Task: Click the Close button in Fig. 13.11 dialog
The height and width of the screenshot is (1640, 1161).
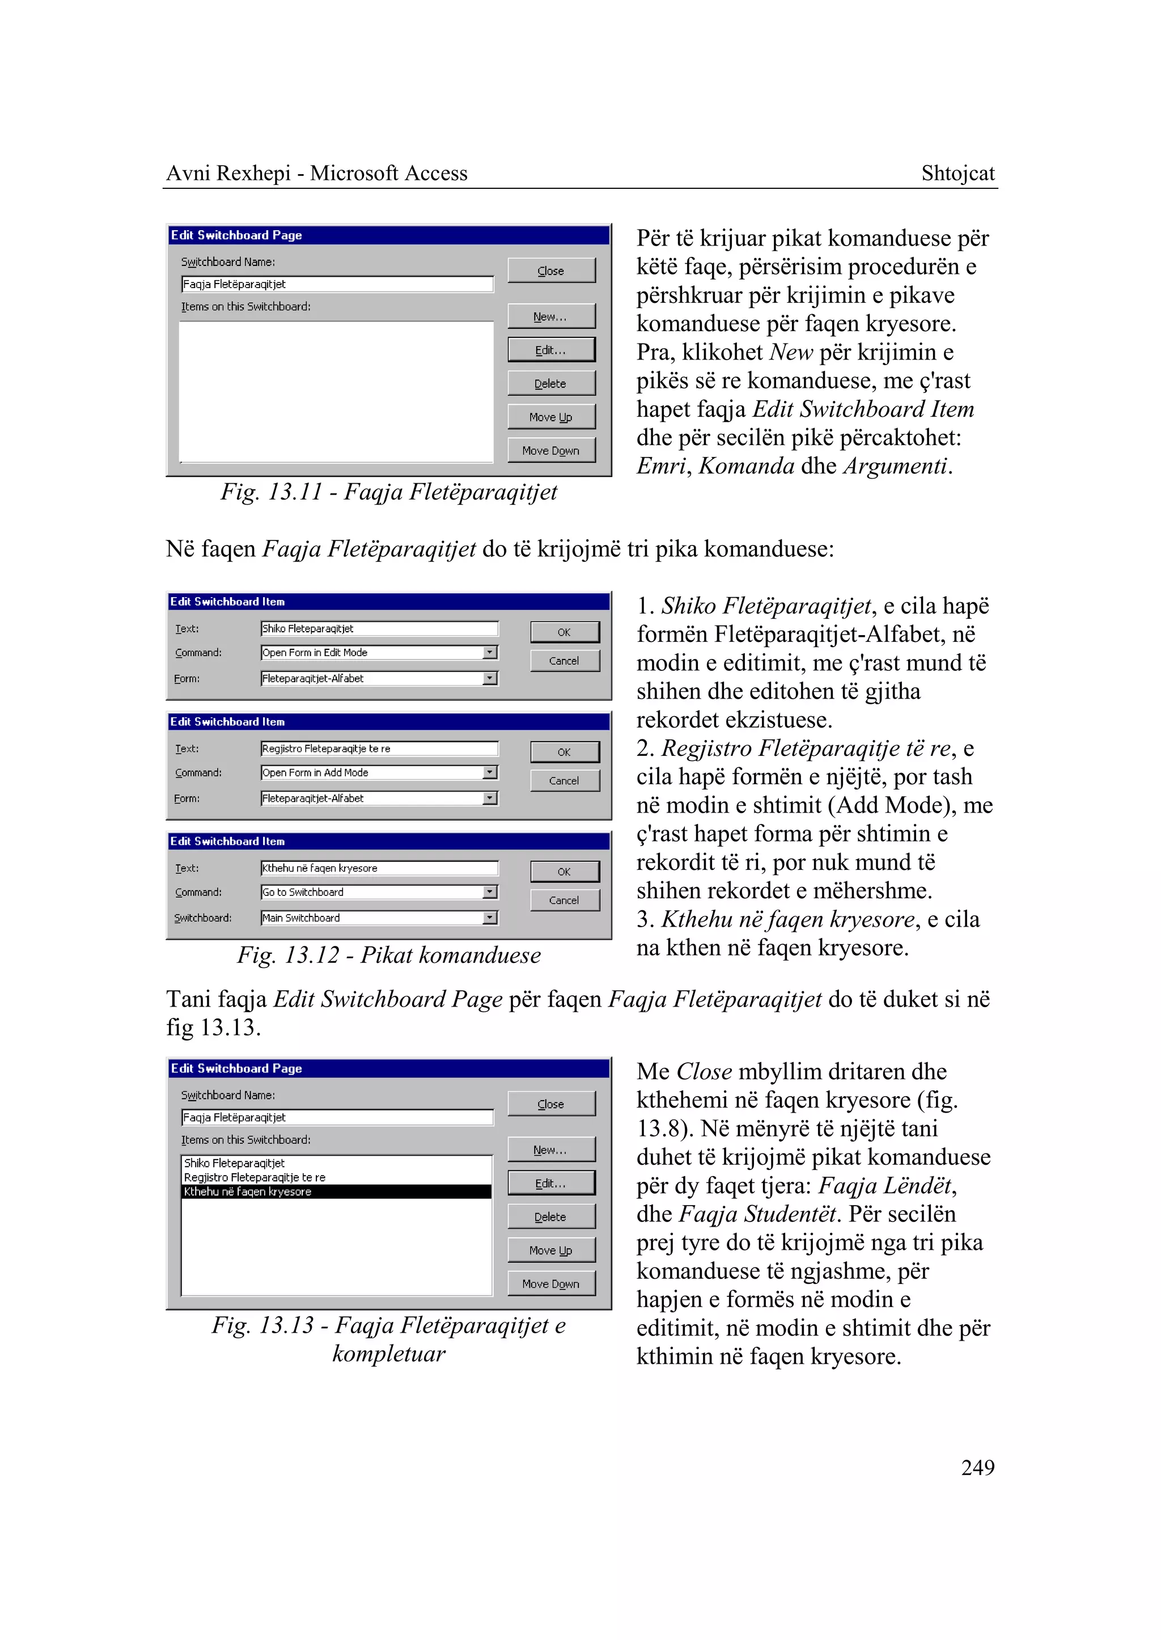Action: click(551, 271)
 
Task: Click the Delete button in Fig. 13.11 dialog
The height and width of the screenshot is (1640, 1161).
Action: click(551, 383)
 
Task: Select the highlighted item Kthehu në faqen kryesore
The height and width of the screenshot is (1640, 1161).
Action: click(336, 1191)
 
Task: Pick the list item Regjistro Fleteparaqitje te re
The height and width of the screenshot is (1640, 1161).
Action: click(255, 1177)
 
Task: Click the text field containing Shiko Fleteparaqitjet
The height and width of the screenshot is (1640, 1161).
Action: click(379, 629)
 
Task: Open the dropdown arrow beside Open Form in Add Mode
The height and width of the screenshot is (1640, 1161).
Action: click(490, 772)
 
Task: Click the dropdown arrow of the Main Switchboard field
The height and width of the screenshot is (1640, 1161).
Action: click(490, 918)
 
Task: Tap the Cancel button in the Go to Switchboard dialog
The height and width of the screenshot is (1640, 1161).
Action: click(564, 901)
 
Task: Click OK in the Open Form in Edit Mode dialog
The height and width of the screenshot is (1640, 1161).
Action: click(564, 632)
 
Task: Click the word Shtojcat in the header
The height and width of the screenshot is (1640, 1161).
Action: click(957, 173)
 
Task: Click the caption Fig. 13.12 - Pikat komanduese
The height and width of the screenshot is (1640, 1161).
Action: click(389, 956)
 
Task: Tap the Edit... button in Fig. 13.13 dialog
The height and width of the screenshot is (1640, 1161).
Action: click(551, 1183)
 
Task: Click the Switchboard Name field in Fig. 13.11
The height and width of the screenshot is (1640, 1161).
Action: click(337, 285)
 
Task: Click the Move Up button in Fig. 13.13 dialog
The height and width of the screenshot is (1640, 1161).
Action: click(551, 1250)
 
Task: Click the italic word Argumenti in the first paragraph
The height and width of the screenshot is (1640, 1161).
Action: click(896, 466)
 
